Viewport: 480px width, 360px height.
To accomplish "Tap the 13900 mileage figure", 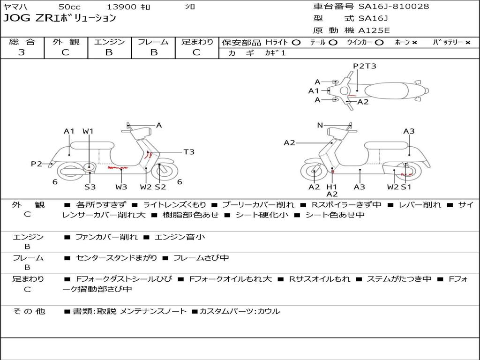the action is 121,7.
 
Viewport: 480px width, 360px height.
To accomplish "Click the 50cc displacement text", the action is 69,7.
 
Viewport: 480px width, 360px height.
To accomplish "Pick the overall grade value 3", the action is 22,52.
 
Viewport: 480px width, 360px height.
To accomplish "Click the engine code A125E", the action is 374,31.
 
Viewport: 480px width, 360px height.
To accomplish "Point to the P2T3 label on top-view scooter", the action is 365,66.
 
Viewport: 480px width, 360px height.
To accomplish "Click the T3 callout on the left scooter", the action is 188,152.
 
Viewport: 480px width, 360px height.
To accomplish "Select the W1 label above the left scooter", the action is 89,131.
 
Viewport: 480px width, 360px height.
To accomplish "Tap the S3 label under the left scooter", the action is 90,187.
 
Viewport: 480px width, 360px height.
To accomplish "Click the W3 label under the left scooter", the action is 121,187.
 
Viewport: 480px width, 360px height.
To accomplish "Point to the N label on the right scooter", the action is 320,125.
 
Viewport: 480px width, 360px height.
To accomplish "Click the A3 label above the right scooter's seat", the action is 409,131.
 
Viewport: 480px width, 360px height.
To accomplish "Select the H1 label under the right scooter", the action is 332,187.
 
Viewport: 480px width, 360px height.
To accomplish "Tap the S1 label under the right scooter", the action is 406,187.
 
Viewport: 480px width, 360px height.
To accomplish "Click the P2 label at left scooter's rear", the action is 37,164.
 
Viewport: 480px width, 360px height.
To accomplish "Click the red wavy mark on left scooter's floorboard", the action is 117,167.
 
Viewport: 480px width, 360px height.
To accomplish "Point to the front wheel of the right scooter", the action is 314,172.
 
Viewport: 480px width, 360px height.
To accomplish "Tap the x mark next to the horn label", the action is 414,42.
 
